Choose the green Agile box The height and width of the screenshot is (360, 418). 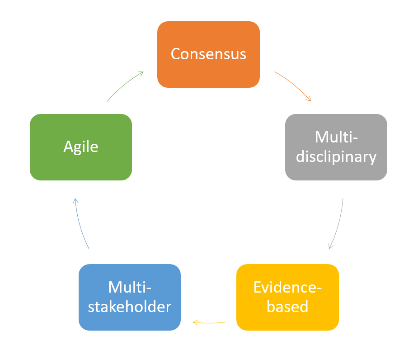pos(81,167)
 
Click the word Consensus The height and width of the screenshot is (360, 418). pos(208,54)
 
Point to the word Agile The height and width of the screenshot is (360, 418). pos(81,147)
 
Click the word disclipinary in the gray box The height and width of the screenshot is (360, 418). pos(336,156)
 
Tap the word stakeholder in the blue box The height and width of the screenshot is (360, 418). pos(130,307)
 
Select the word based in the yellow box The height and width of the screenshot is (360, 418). pos(287,307)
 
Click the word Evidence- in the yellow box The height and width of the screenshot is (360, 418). pos(287,287)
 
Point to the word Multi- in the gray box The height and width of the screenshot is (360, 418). pos(336,137)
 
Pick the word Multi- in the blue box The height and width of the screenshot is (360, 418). pos(130,287)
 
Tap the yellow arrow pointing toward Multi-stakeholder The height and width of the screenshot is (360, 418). pos(209,323)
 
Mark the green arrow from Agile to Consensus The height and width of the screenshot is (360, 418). pos(124,85)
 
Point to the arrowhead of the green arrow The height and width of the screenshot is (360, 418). pos(141,72)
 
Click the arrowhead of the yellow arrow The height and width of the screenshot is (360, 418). pos(195,322)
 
